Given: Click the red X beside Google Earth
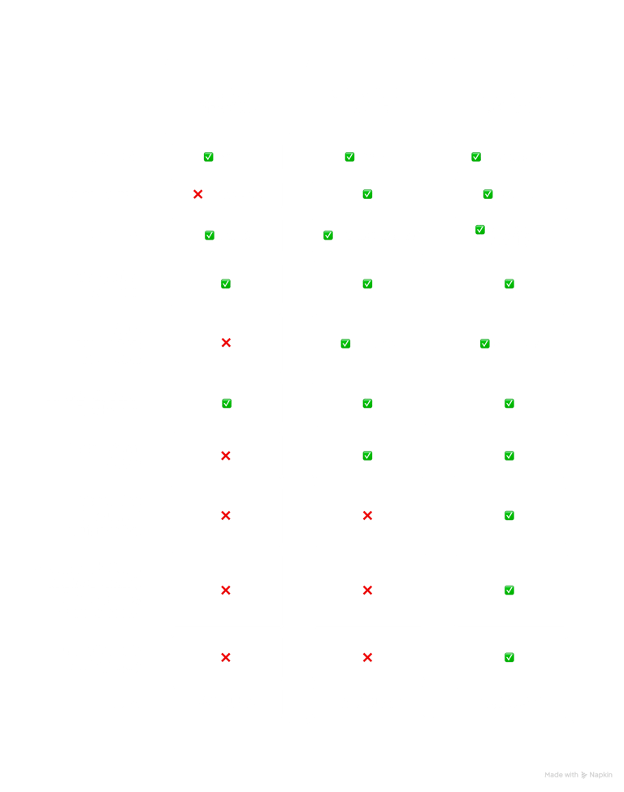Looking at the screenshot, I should [x=197, y=195].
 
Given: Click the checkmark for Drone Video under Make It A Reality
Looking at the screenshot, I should [x=509, y=658].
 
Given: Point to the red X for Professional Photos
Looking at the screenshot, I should [x=226, y=456].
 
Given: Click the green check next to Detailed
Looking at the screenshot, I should [x=349, y=158].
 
